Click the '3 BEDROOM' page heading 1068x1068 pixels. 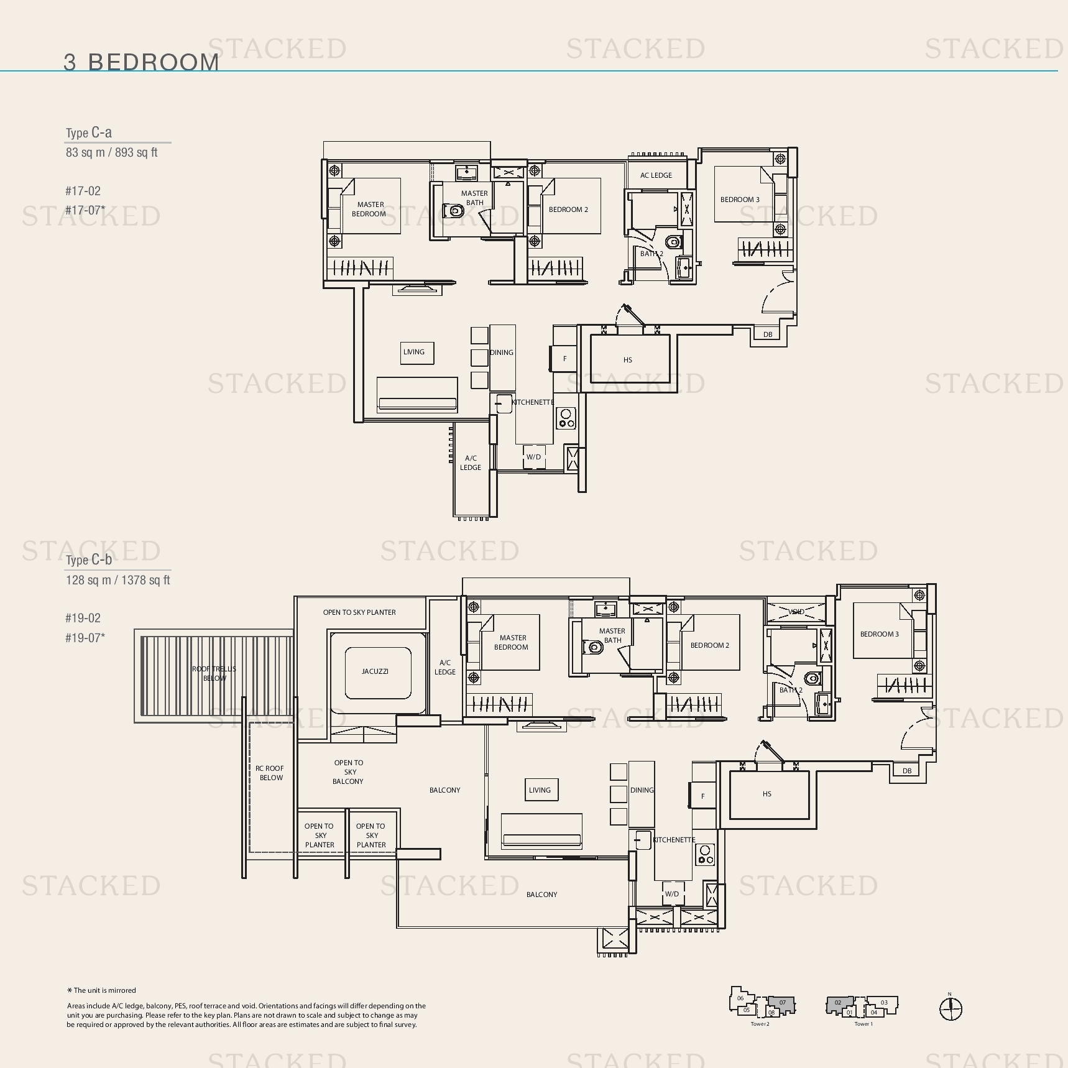point(141,62)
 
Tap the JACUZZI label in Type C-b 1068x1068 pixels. point(375,671)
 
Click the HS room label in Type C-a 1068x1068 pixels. point(628,360)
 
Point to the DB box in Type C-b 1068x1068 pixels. point(907,771)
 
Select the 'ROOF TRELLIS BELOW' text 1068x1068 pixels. point(214,673)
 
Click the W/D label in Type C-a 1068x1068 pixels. point(533,457)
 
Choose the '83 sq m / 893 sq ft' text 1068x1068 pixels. point(112,153)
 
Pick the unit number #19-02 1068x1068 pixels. point(83,618)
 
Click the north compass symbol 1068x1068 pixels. point(951,1008)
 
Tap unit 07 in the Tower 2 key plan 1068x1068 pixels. point(782,1002)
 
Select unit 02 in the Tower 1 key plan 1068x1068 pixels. point(838,1002)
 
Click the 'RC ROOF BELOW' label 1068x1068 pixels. point(270,773)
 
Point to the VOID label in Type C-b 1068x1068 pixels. point(796,612)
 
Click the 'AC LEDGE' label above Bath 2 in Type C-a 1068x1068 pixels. point(656,175)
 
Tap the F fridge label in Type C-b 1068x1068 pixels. point(703,796)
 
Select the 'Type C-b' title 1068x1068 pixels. point(89,559)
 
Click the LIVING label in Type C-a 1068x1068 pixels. point(414,352)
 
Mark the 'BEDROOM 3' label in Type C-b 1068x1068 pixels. point(880,634)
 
